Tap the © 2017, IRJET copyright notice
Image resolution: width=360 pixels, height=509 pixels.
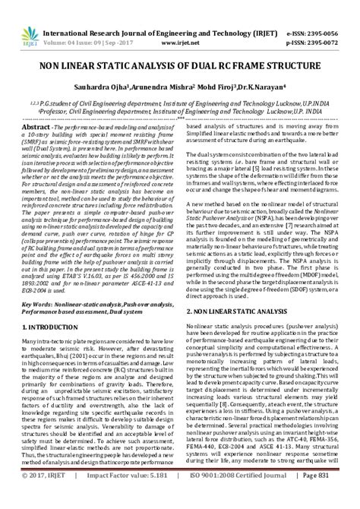pyautogui.click(x=43, y=498)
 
